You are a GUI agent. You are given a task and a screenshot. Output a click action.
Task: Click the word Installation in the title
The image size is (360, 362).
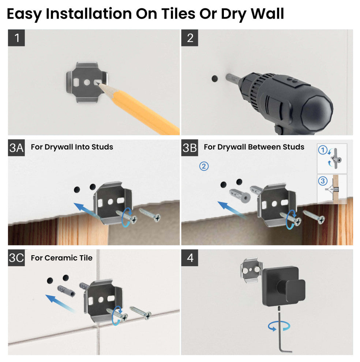point(89,14)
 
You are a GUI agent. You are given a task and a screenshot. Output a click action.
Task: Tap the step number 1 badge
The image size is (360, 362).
point(16,38)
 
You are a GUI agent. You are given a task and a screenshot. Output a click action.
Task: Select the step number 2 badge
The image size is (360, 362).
point(190,38)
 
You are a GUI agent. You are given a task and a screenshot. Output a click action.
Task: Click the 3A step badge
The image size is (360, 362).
point(16,148)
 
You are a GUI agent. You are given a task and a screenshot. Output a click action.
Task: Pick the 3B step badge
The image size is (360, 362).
point(190,148)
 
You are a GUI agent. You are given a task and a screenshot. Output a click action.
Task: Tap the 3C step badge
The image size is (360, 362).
point(16,258)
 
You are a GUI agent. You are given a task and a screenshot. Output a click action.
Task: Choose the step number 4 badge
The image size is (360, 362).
point(190,258)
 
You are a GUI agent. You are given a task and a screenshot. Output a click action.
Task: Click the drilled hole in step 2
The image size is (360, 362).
point(215,79)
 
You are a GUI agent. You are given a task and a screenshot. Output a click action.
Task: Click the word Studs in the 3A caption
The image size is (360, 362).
point(102,147)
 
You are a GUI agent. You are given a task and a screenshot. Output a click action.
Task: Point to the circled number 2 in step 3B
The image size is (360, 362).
point(204,166)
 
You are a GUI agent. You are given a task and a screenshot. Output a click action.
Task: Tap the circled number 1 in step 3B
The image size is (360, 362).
point(323,150)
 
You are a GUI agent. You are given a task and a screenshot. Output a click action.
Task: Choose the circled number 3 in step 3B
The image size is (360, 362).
point(323,181)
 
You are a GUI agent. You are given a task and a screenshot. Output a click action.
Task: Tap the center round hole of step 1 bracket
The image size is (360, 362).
point(87,82)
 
